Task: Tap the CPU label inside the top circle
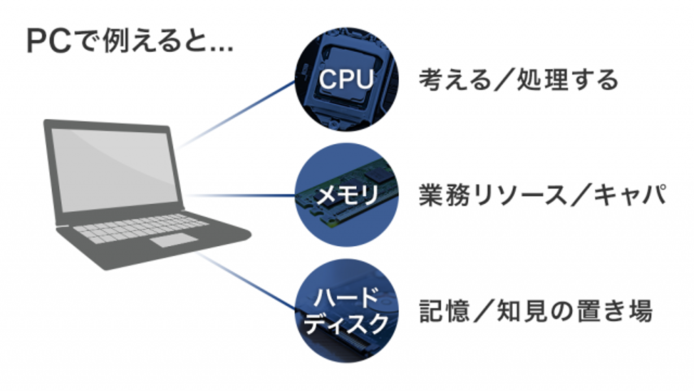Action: tap(347, 80)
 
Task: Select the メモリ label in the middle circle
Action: tap(347, 195)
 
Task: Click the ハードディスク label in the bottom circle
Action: tap(347, 311)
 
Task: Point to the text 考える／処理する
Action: tap(519, 80)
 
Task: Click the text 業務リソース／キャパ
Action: tap(543, 195)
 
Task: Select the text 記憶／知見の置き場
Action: tap(536, 311)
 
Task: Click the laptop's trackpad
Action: tap(173, 240)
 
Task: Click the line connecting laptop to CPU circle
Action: tap(236, 115)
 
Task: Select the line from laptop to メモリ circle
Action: tap(240, 195)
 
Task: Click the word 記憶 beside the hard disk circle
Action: tap(444, 311)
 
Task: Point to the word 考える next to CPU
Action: tap(455, 80)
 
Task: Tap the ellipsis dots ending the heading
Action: tap(220, 49)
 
